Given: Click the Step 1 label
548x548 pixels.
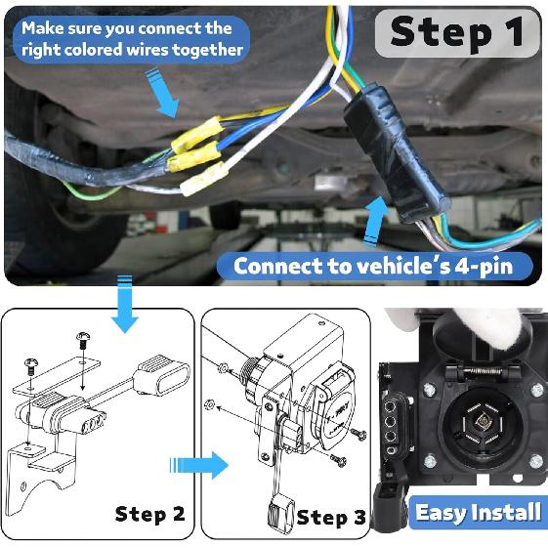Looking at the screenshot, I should tap(456, 31).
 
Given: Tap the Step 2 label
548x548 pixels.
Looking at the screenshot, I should tap(149, 513).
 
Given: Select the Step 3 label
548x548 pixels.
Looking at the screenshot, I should tap(332, 517).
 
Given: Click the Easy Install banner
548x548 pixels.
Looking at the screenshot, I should tap(478, 512).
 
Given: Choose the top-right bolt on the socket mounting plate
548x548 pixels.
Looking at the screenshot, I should tap(535, 391).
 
